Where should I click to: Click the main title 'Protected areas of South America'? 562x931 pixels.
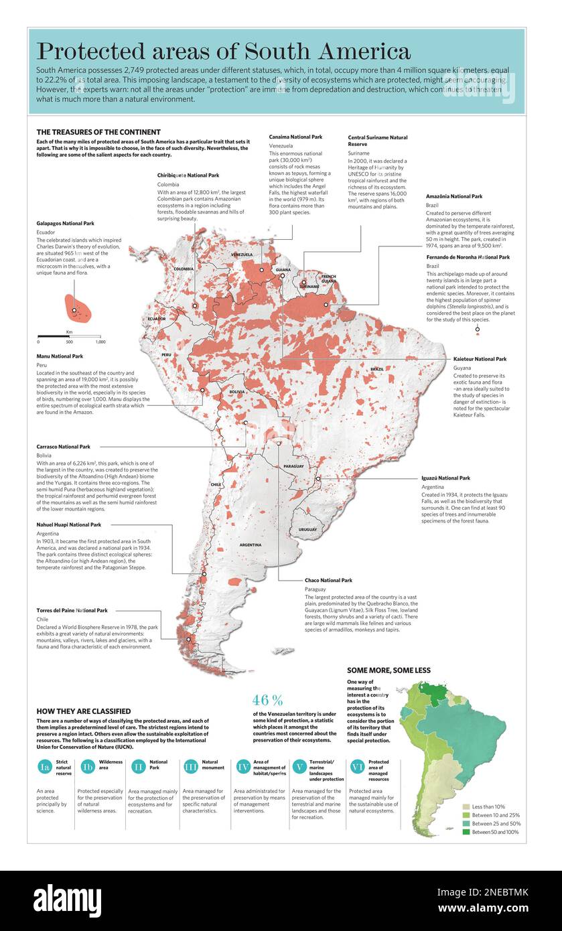click(223, 52)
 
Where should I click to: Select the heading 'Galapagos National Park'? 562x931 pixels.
click(65, 223)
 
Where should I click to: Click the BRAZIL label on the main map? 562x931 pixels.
click(377, 369)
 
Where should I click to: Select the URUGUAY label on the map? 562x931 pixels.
click(307, 529)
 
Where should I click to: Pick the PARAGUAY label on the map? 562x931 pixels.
click(293, 465)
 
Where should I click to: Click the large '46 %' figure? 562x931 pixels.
click(267, 701)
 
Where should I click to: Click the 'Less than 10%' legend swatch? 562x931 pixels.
click(466, 806)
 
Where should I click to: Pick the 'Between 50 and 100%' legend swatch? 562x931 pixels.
click(466, 832)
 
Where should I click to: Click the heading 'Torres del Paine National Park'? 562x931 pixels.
click(72, 611)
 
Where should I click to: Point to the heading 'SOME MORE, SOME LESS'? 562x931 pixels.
click(389, 670)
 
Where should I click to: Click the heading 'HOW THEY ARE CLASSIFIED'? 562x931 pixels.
click(84, 711)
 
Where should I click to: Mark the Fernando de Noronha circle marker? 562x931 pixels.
click(478, 329)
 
